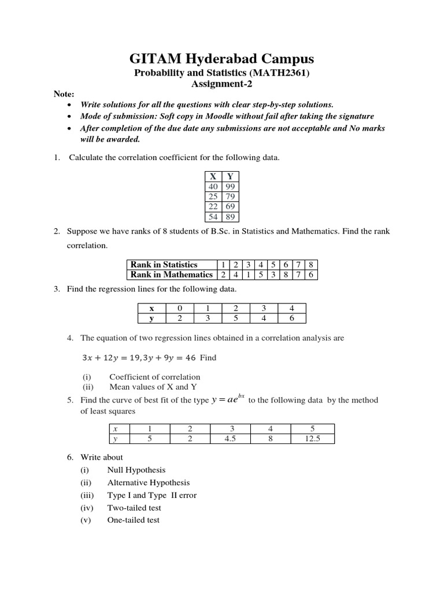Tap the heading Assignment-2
(x=222, y=84)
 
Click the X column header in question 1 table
(x=213, y=176)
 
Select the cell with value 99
(x=231, y=186)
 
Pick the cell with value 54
(x=213, y=217)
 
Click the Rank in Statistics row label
(x=164, y=264)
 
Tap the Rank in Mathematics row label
(x=171, y=275)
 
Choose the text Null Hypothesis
(x=136, y=470)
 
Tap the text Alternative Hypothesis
(x=149, y=483)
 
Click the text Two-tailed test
(x=134, y=508)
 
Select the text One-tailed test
(x=134, y=520)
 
